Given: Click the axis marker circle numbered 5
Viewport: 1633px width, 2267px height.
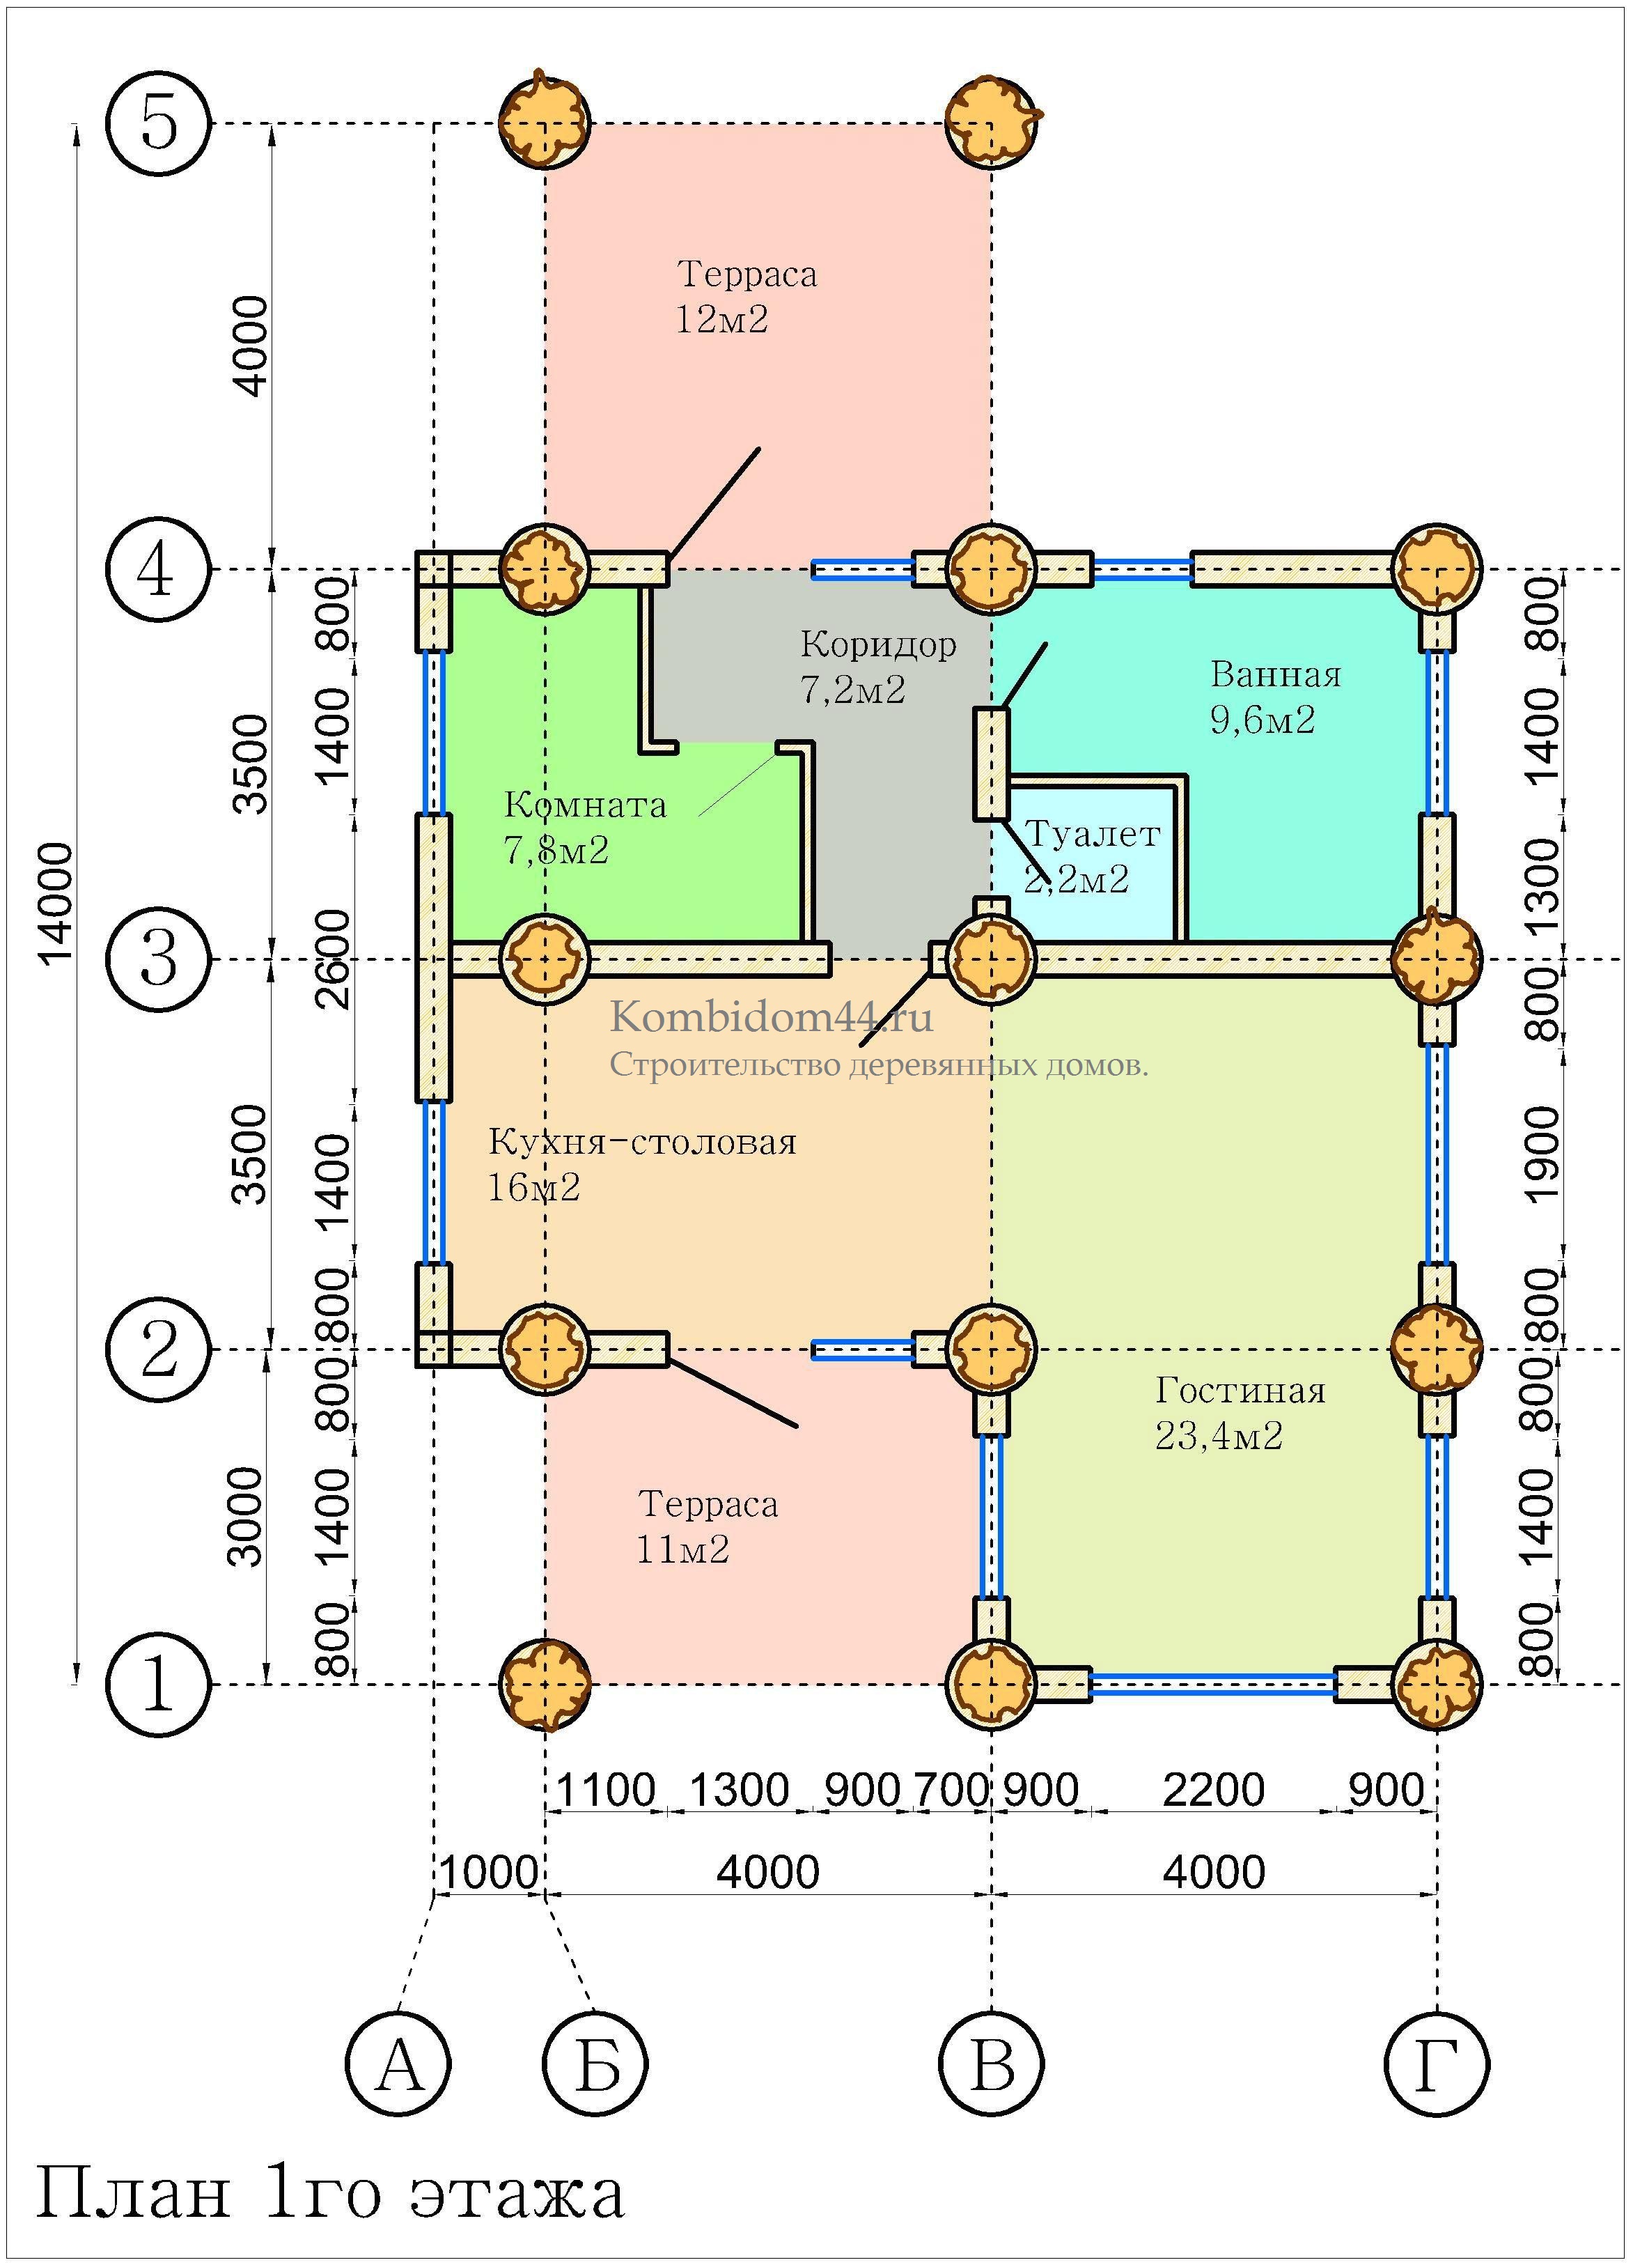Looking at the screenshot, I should click(x=158, y=124).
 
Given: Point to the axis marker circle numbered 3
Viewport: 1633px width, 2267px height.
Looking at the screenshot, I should click(x=158, y=959).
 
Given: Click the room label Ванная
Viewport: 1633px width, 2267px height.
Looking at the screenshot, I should click(x=1275, y=674).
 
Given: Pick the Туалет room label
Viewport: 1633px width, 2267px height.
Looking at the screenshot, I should click(x=1093, y=834).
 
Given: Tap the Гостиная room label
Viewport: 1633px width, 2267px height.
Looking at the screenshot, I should click(x=1240, y=1391).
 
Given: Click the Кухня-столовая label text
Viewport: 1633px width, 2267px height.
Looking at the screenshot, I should click(x=641, y=1141).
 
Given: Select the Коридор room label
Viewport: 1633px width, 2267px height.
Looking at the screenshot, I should click(x=877, y=644).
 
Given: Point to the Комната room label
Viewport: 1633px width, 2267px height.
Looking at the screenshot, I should click(x=585, y=805).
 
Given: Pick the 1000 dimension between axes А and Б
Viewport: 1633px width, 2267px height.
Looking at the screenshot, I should click(x=489, y=1871).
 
